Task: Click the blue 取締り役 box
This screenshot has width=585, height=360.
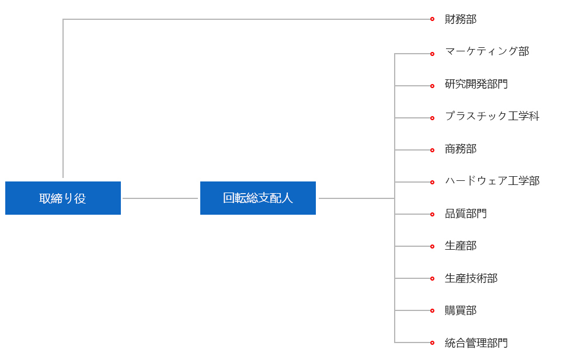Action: [x=63, y=198]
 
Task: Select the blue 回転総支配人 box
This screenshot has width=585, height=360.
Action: [x=258, y=198]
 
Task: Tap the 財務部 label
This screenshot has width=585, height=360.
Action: [x=461, y=19]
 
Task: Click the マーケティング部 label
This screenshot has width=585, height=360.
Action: [x=487, y=51]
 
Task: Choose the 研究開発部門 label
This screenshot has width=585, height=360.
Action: [x=476, y=84]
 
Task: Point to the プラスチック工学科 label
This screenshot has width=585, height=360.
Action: [x=492, y=116]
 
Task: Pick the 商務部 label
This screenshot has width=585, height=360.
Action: [x=461, y=149]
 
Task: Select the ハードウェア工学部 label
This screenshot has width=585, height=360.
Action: [x=492, y=181]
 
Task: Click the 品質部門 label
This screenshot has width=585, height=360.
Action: [x=466, y=214]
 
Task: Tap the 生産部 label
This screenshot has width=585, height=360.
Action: [x=461, y=246]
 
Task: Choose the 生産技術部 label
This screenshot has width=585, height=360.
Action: [x=471, y=278]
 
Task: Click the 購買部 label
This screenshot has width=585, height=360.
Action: [x=461, y=310]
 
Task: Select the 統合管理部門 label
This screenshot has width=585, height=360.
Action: [x=476, y=343]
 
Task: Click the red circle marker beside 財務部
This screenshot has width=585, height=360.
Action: [x=432, y=19]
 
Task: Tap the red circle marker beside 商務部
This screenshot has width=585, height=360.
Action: [x=432, y=150]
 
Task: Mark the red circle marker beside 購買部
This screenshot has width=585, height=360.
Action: [x=432, y=310]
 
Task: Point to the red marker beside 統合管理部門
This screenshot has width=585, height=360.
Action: [x=432, y=342]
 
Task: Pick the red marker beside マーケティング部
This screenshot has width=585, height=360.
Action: [x=432, y=54]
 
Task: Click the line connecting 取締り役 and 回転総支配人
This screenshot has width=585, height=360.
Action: [x=161, y=198]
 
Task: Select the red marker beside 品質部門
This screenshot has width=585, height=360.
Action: [x=432, y=214]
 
